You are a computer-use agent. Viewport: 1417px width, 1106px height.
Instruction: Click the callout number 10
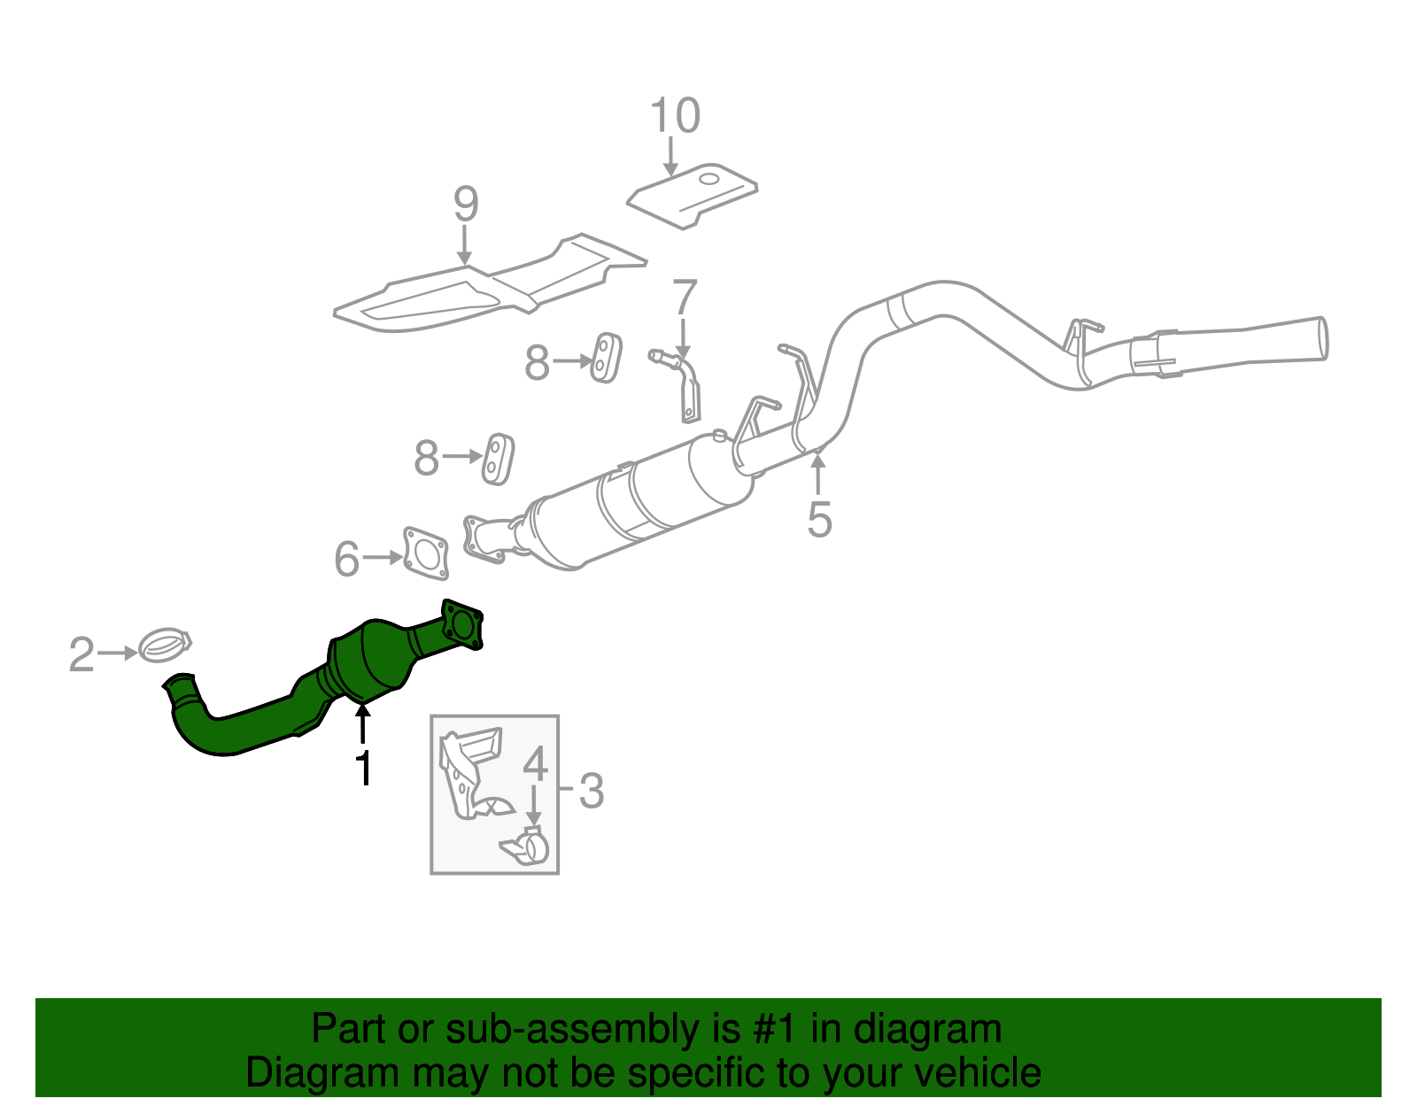pyautogui.click(x=675, y=116)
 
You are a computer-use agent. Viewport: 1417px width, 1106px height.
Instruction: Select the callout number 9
pyautogui.click(x=466, y=205)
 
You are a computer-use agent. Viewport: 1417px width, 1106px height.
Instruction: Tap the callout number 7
pyautogui.click(x=685, y=298)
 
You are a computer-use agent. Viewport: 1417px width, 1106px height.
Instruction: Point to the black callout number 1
pyautogui.click(x=363, y=768)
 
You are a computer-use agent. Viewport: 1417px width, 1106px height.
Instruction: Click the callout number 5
pyautogui.click(x=819, y=519)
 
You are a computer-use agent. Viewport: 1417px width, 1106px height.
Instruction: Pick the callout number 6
pyautogui.click(x=346, y=559)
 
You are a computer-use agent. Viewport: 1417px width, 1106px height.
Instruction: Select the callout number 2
pyautogui.click(x=81, y=654)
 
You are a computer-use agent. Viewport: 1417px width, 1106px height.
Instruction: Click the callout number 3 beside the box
pyautogui.click(x=591, y=790)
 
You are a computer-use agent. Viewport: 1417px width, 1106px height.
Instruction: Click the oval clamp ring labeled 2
pyautogui.click(x=165, y=645)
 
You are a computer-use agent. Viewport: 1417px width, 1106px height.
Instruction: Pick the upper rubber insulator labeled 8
pyautogui.click(x=606, y=358)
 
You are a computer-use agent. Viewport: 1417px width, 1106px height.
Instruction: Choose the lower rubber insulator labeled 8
pyautogui.click(x=498, y=459)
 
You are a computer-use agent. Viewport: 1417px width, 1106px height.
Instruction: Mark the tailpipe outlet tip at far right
pyautogui.click(x=1320, y=338)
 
